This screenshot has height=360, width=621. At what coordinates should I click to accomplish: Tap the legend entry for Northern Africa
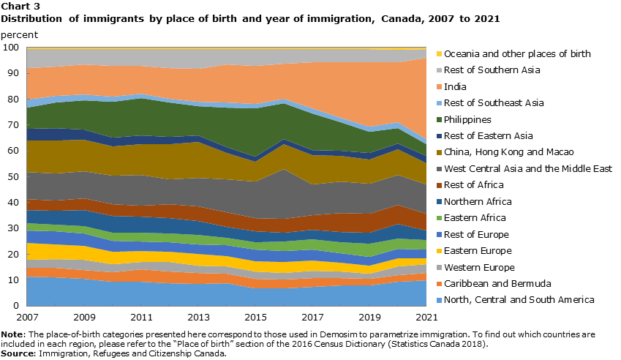point(479,201)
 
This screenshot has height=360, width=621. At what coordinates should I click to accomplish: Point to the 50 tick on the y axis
point(13,176)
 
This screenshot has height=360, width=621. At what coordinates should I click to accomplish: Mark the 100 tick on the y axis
point(11,48)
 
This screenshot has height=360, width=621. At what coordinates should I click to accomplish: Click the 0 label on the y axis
point(16,305)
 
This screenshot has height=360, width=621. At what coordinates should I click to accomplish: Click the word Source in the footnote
point(18,354)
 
